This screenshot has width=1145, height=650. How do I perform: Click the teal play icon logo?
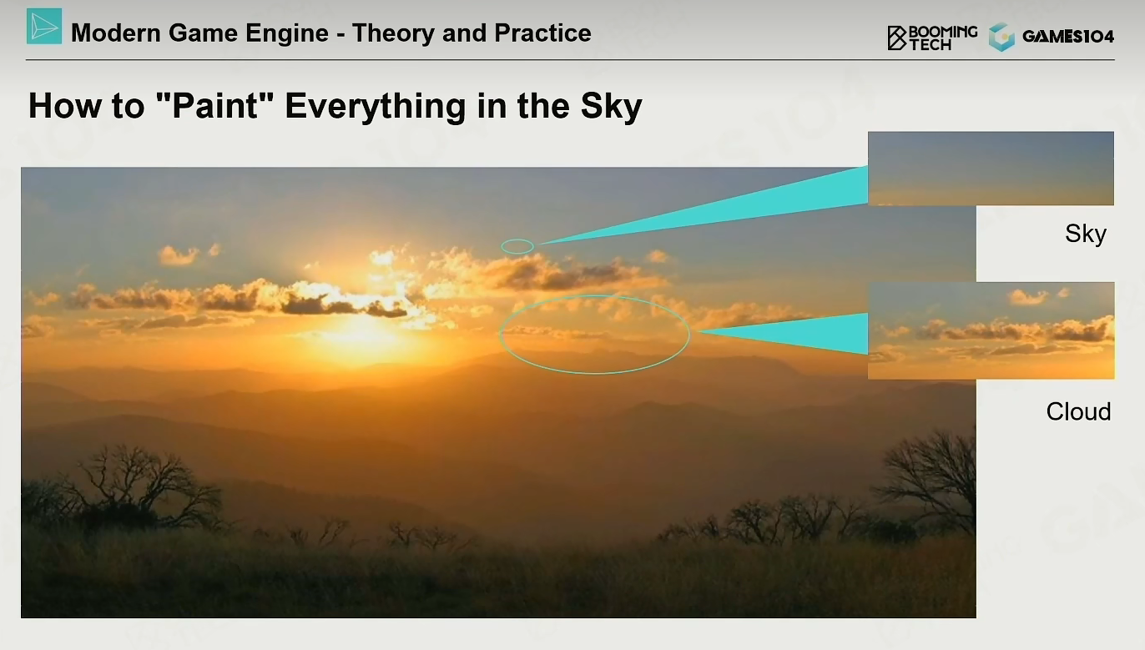point(44,26)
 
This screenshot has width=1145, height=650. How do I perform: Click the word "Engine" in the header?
point(287,33)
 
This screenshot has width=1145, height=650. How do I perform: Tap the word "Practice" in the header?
point(542,33)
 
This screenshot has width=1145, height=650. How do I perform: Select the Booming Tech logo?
point(932,38)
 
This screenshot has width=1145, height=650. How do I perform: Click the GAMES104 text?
point(1068,36)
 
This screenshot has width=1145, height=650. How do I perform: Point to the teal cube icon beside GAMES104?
point(1001,37)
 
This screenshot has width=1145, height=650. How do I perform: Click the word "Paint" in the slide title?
point(215,106)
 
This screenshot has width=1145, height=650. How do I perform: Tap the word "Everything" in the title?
point(376,106)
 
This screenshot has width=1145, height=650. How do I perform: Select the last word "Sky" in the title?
point(612,106)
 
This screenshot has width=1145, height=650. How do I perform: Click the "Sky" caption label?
point(1086,234)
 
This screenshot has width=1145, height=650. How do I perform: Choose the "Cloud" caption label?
point(1078,411)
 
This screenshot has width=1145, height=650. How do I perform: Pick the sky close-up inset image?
point(991,169)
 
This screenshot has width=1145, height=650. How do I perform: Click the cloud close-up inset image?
point(991,330)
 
